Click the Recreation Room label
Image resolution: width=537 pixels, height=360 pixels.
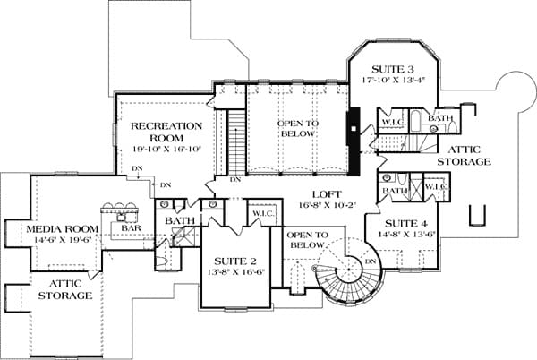pyautogui.click(x=166, y=132)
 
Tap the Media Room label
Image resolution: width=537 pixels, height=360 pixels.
pyautogui.click(x=63, y=229)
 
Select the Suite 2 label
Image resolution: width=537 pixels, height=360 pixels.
pyautogui.click(x=235, y=261)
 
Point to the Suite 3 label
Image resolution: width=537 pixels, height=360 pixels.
pyautogui.click(x=393, y=69)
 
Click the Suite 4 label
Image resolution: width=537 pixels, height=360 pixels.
pyautogui.click(x=406, y=224)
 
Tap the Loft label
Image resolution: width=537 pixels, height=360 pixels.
pyautogui.click(x=327, y=194)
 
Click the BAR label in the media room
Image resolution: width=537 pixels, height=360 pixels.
pyautogui.click(x=132, y=227)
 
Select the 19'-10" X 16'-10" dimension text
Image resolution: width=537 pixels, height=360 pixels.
pyautogui.click(x=166, y=150)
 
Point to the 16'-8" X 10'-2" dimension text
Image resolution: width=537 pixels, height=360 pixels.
pyautogui.click(x=328, y=205)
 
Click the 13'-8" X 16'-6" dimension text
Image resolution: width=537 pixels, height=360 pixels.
pyautogui.click(x=236, y=272)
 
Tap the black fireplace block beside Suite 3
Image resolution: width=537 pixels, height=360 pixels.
pyautogui.click(x=354, y=141)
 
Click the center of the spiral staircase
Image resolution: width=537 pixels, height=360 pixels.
pyautogui.click(x=349, y=270)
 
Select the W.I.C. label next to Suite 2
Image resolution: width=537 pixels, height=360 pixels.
pyautogui.click(x=264, y=213)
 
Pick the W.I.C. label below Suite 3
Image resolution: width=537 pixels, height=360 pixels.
pyautogui.click(x=393, y=122)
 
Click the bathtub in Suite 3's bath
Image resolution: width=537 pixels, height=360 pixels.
pyautogui.click(x=417, y=121)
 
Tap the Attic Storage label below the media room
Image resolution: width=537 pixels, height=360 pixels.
pyautogui.click(x=65, y=289)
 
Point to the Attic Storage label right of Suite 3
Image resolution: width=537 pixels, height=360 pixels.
pyautogui.click(x=464, y=156)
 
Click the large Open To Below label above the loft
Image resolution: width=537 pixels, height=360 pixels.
pyautogui.click(x=298, y=128)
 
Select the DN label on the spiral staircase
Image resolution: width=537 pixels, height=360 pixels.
pyautogui.click(x=371, y=261)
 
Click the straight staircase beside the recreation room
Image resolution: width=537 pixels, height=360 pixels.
pyautogui.click(x=236, y=141)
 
